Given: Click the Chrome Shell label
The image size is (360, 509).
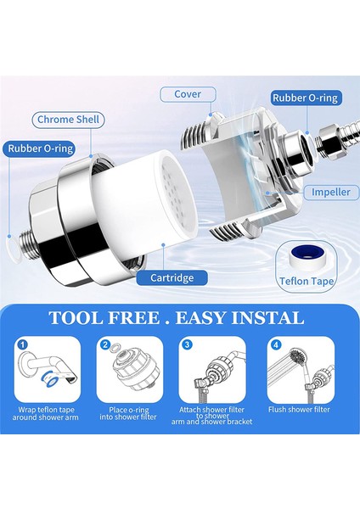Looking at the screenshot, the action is [68, 120].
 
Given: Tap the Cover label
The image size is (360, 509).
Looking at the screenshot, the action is [188, 94].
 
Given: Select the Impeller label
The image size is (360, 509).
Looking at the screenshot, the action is [331, 192].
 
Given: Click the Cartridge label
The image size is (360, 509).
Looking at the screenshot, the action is [172, 278].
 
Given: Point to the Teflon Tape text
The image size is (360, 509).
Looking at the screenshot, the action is [307, 281].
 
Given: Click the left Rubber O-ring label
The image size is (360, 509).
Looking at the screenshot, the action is [41, 148].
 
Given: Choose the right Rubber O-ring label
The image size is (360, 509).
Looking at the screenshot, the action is [305, 98].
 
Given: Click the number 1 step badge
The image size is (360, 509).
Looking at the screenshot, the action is [22, 344].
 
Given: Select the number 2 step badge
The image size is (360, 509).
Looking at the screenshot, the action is [104, 344].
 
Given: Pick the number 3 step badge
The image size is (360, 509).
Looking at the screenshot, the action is [187, 344].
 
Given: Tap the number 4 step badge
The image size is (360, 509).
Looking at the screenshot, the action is [276, 344].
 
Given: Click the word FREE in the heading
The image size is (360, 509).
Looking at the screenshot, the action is [134, 318].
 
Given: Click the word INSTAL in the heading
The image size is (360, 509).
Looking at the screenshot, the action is [267, 318].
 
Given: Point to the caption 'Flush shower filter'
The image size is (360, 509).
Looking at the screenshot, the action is [299, 410].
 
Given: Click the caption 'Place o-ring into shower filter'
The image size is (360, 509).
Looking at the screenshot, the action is [128, 414].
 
